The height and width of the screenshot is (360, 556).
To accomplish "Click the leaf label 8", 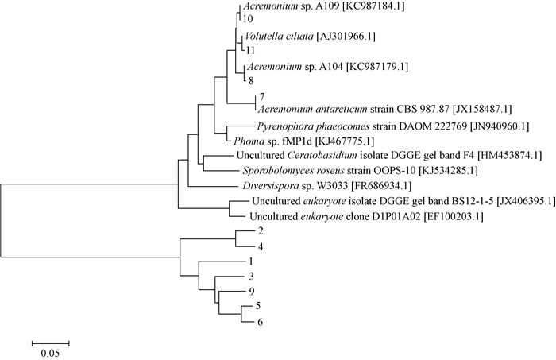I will tap(250, 80).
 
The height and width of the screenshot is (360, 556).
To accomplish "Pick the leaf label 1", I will tap(250, 261).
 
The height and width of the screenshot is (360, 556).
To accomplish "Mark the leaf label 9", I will tap(250, 291).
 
